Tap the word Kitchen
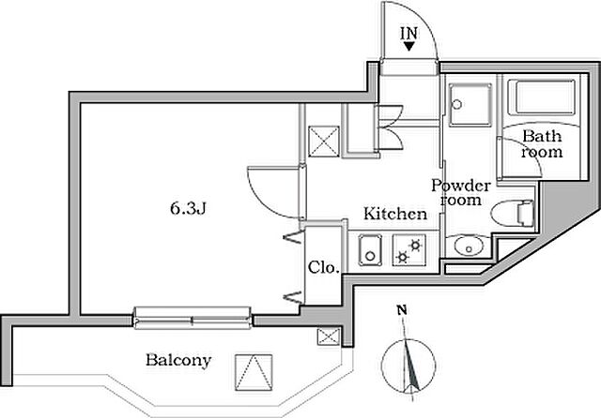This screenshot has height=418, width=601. (395, 215)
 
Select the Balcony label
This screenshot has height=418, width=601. (177, 360)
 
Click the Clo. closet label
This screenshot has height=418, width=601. (323, 266)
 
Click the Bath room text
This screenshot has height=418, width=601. (542, 144)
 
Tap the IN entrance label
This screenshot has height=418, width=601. (409, 35)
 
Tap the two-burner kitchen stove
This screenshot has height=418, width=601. (409, 251)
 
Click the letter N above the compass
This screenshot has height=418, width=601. (401, 310)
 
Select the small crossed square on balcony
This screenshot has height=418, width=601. (328, 337)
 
